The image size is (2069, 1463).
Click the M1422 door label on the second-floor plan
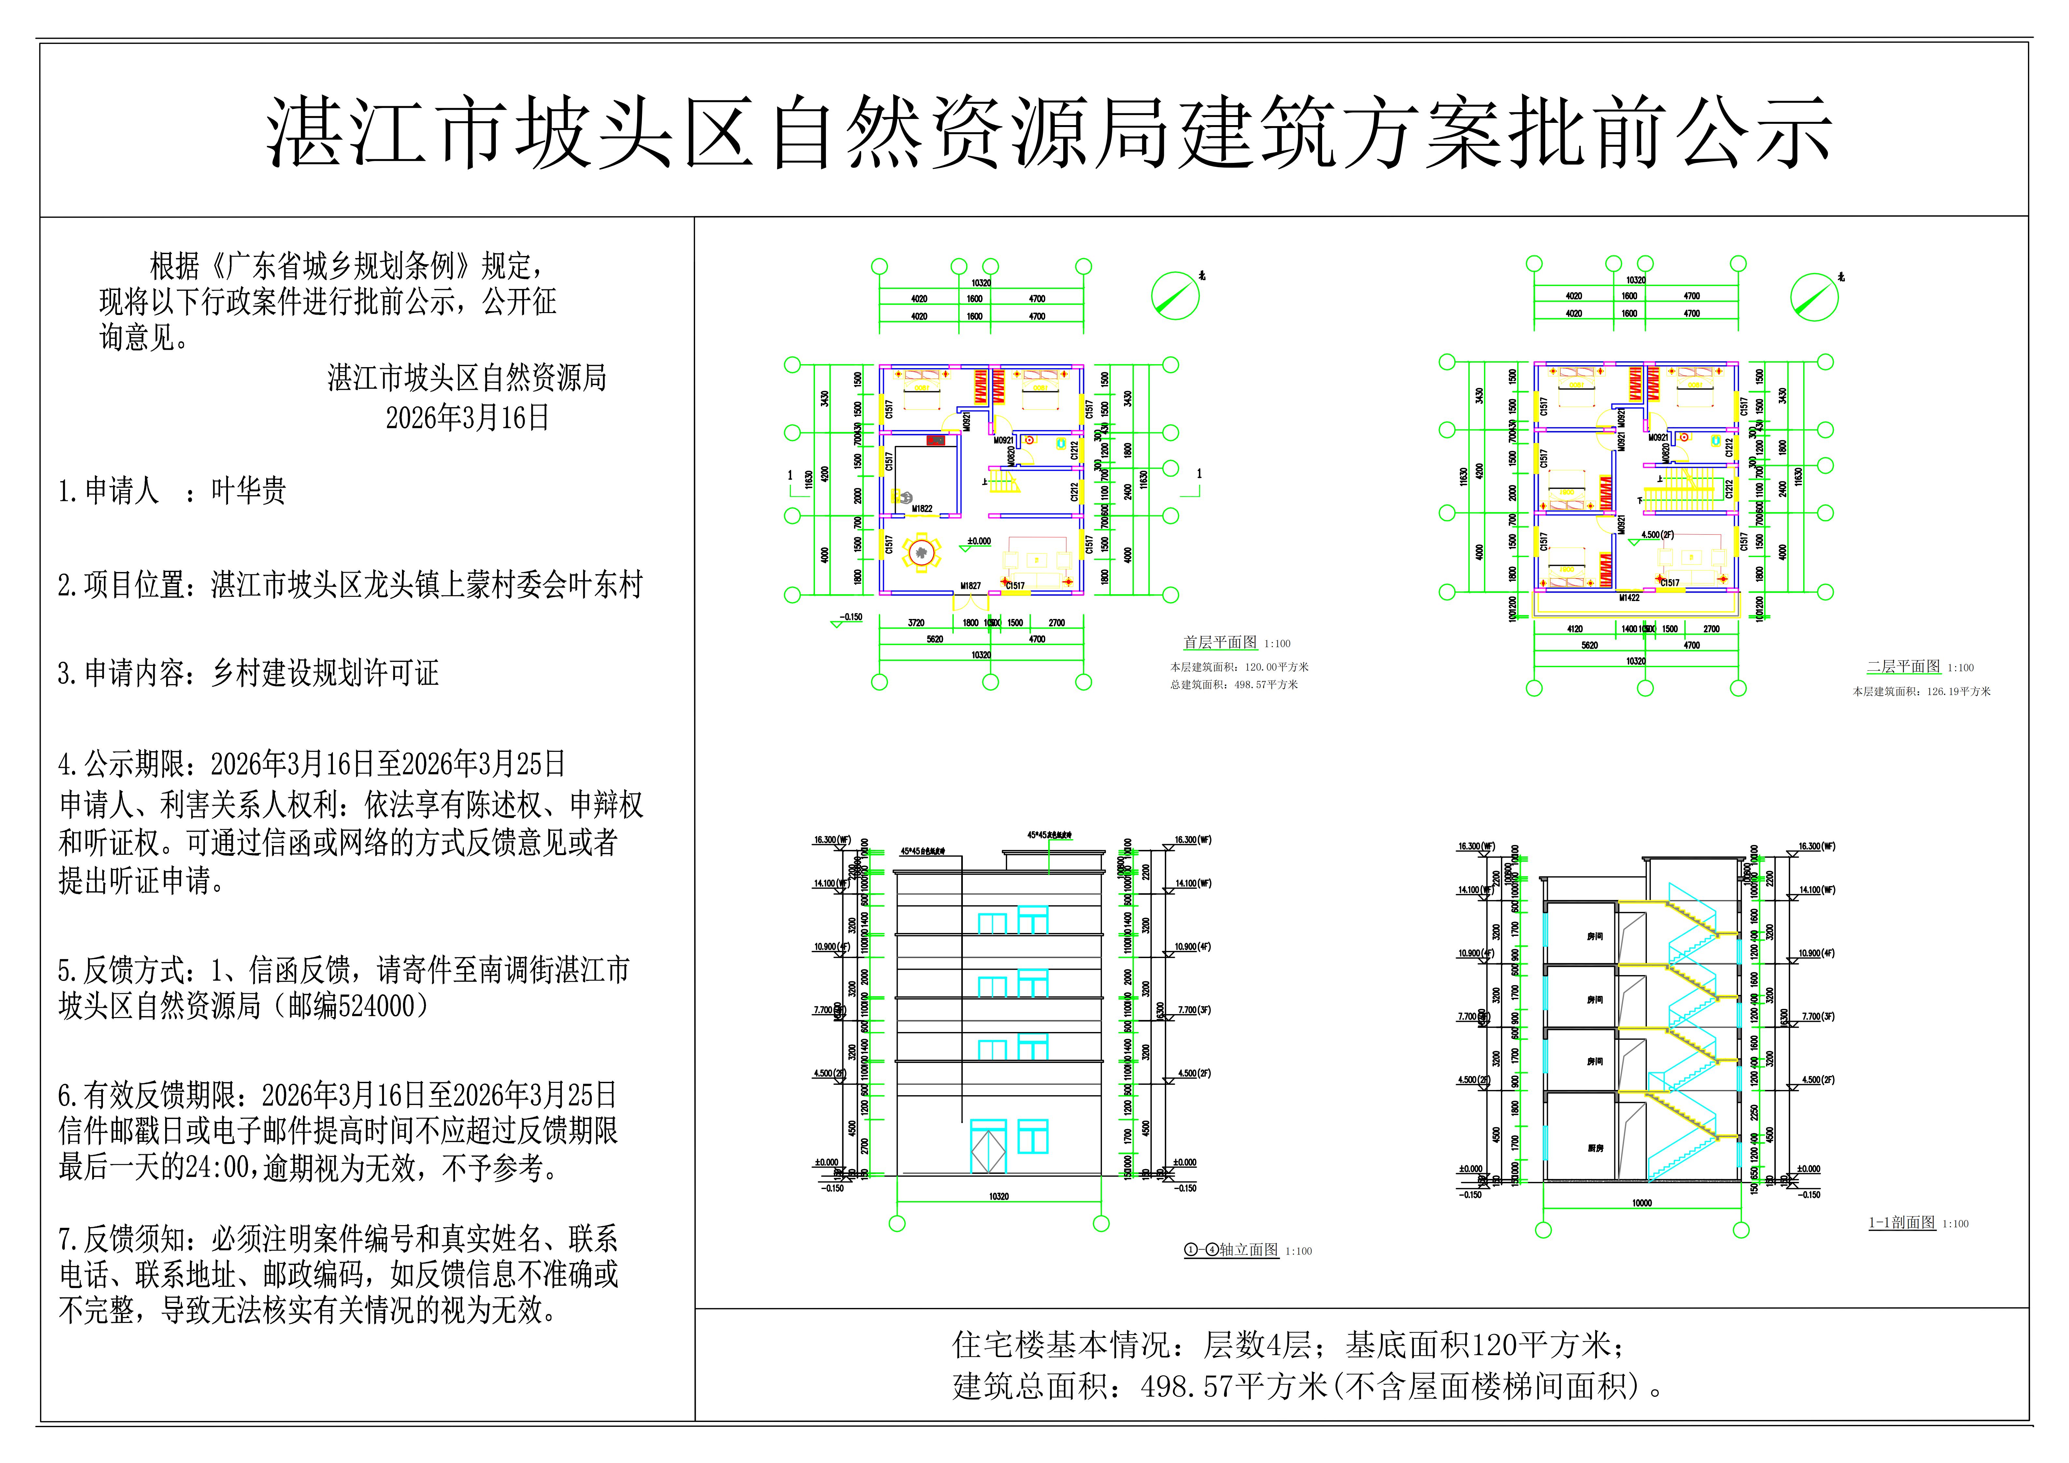[1629, 598]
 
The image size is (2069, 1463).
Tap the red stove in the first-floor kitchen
[935, 441]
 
